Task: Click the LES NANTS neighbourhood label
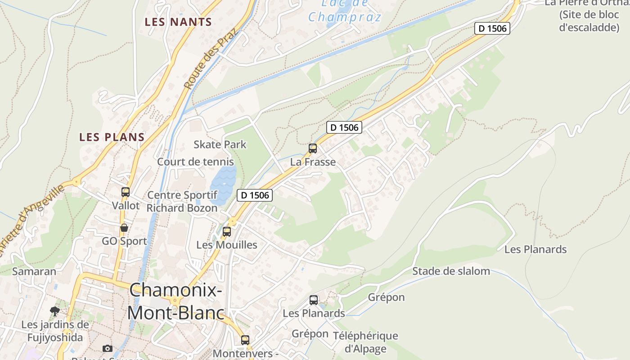[178, 22]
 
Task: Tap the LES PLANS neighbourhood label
[112, 137]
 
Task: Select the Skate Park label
[220, 144]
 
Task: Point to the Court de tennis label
[195, 162]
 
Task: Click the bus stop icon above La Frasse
[312, 148]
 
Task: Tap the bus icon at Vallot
[126, 192]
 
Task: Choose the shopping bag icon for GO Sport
[124, 228]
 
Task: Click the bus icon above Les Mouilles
[227, 232]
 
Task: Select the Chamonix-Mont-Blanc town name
[176, 301]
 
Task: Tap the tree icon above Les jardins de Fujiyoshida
[55, 311]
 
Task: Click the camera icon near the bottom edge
[107, 348]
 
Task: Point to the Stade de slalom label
[451, 271]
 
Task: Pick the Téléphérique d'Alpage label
[365, 342]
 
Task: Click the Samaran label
[34, 271]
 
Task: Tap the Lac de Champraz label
[345, 11]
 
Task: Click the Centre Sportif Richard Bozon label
[182, 202]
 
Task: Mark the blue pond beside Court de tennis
[223, 182]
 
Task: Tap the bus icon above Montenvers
[245, 340]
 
